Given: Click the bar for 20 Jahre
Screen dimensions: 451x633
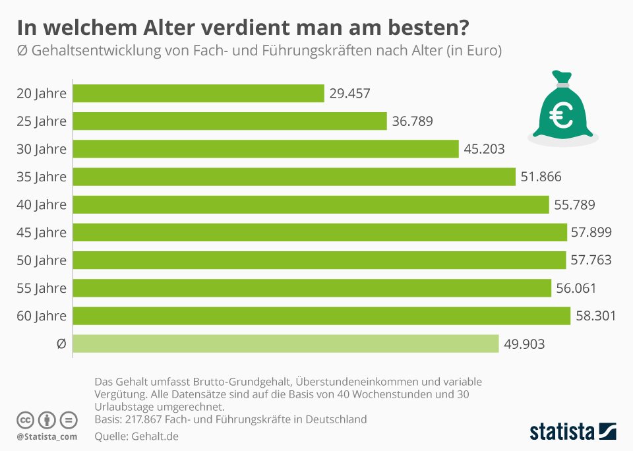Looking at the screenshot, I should pyautogui.click(x=198, y=94).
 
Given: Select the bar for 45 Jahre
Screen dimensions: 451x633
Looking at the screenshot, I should pyautogui.click(x=320, y=232).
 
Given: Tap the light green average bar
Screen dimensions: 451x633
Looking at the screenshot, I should pyautogui.click(x=286, y=344).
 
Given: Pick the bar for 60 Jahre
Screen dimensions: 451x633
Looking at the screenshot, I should pyautogui.click(x=321, y=316).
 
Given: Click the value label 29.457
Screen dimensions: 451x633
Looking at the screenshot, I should pyautogui.click(x=350, y=94).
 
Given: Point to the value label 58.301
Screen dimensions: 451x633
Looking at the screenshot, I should pyautogui.click(x=596, y=316).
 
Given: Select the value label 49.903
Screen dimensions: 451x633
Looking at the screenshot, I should pyautogui.click(x=524, y=344).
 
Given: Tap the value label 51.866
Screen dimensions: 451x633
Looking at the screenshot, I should pyautogui.click(x=541, y=177).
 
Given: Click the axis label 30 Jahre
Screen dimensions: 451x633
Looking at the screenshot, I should pyautogui.click(x=42, y=149).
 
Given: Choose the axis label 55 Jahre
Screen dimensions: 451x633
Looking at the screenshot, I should pyautogui.click(x=42, y=288).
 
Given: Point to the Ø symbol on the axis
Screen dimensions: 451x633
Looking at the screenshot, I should pyautogui.click(x=61, y=344).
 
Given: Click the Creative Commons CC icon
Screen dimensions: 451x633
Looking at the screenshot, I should pyautogui.click(x=25, y=419).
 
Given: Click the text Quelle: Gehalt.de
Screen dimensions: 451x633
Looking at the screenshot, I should pyautogui.click(x=136, y=436).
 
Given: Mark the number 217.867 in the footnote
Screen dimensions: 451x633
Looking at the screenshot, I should pyautogui.click(x=147, y=419).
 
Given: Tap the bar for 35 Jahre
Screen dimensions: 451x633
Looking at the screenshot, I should pyautogui.click(x=293, y=177).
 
